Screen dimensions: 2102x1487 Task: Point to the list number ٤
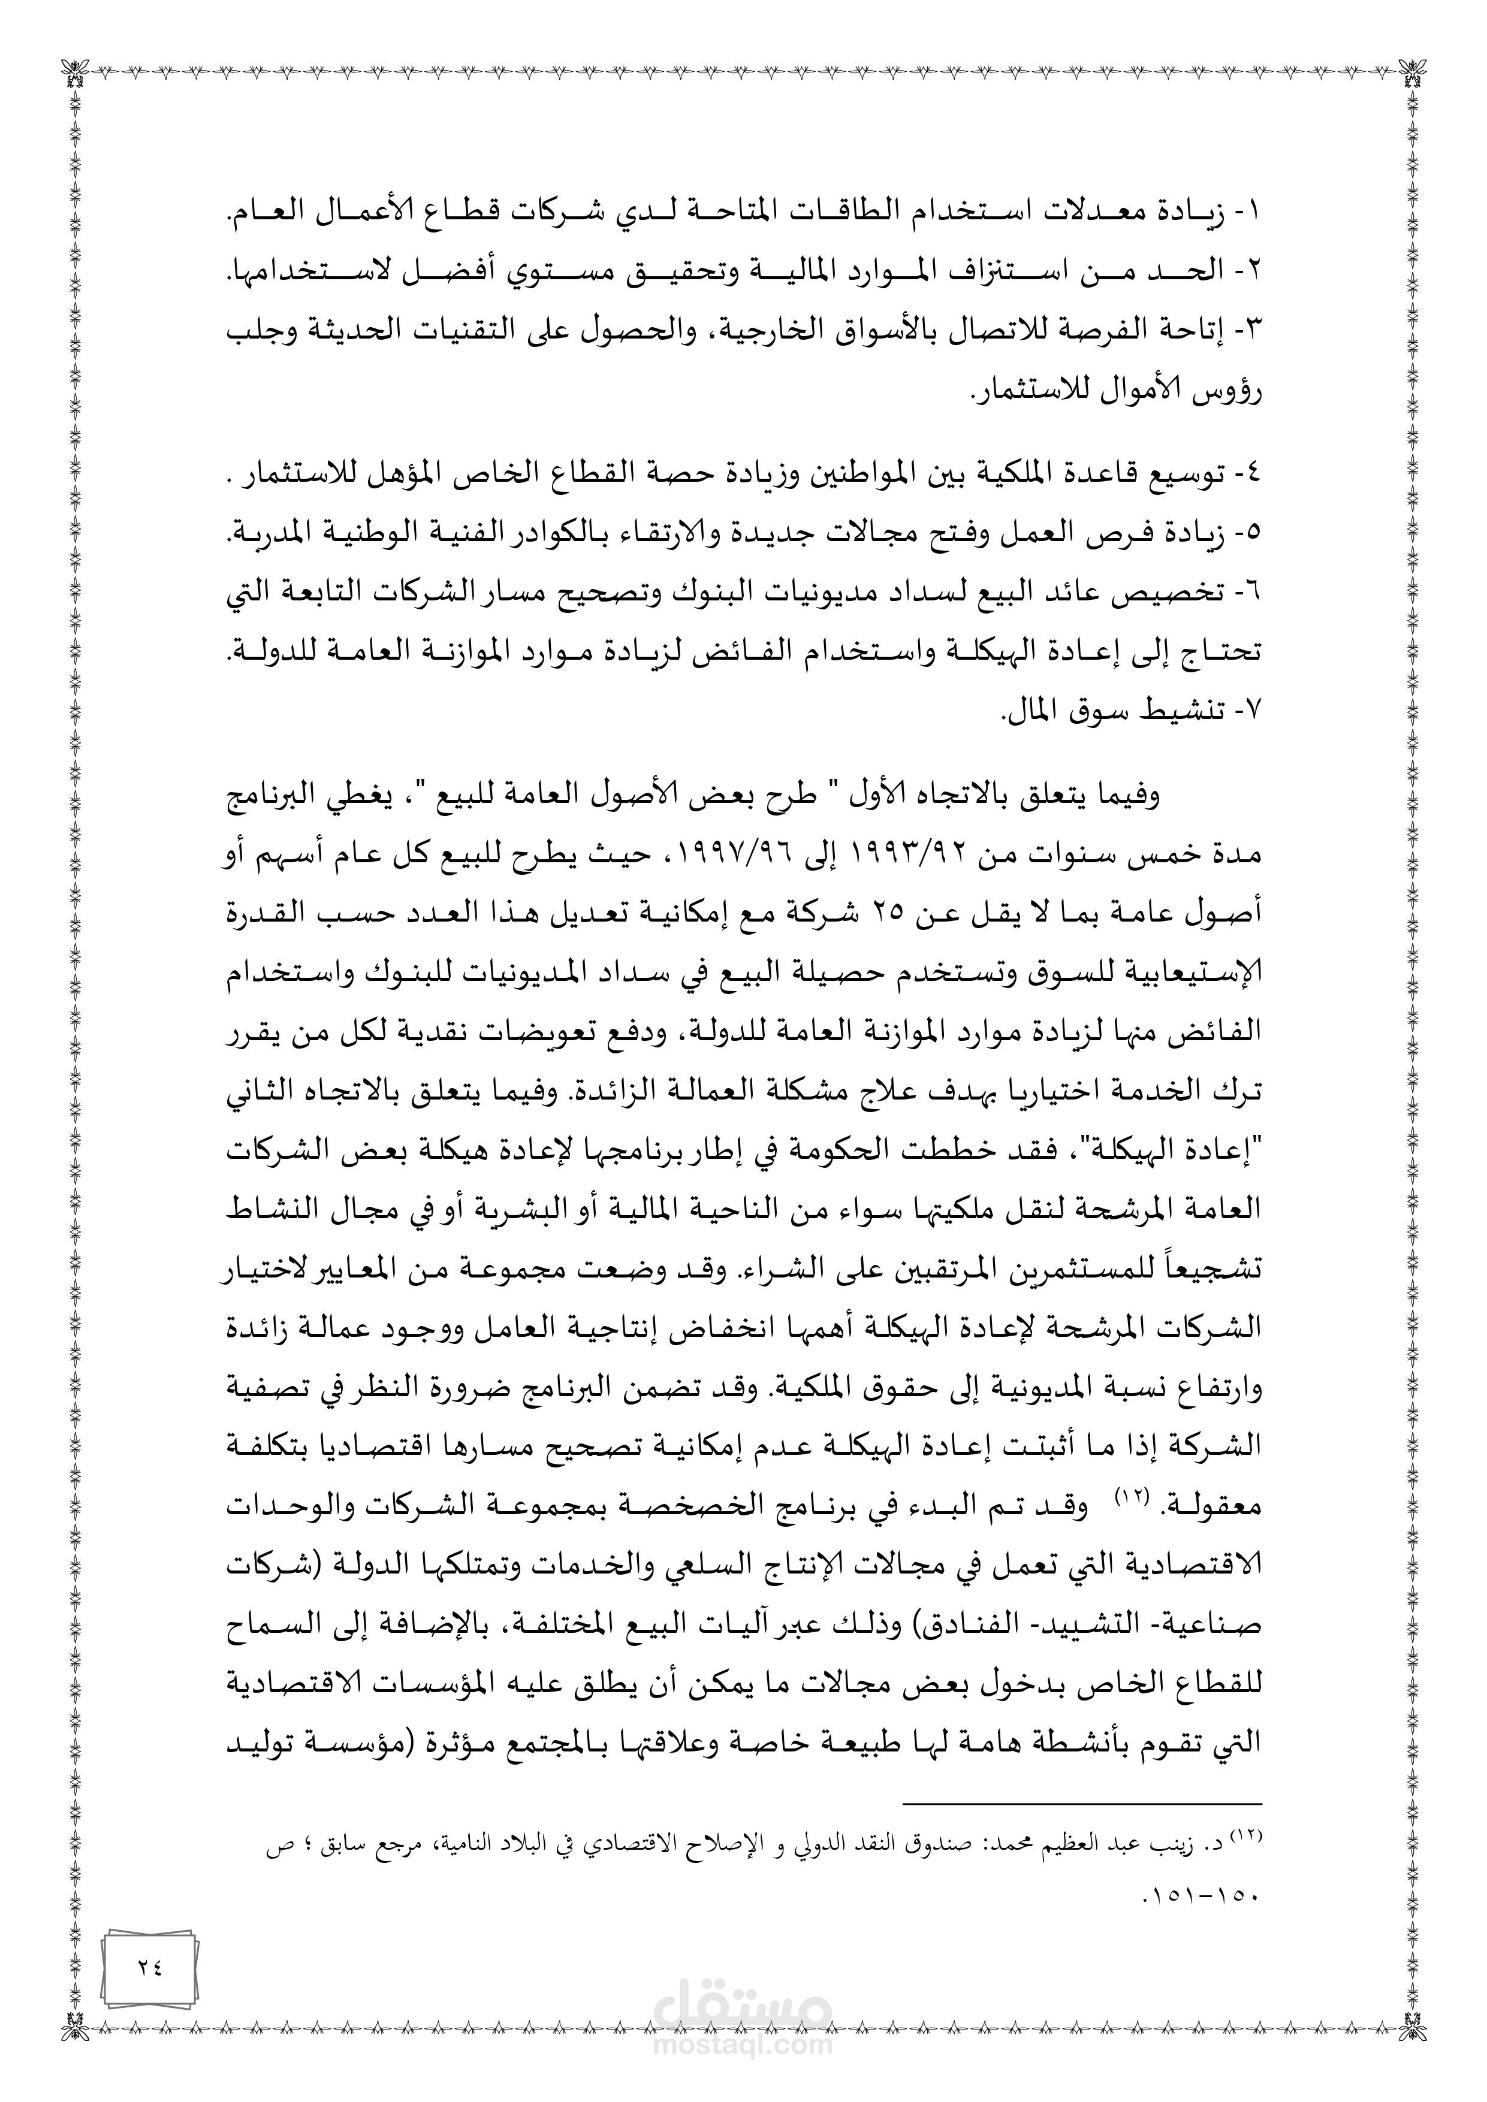[1251, 474]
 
